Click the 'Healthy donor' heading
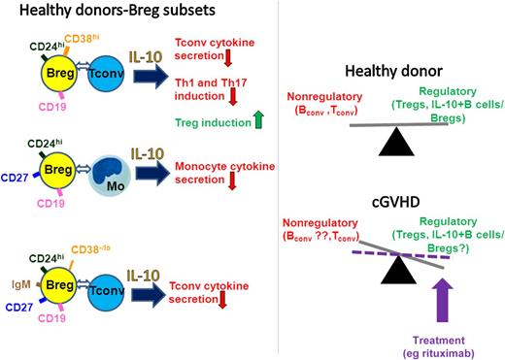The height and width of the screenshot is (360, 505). coord(402,75)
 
